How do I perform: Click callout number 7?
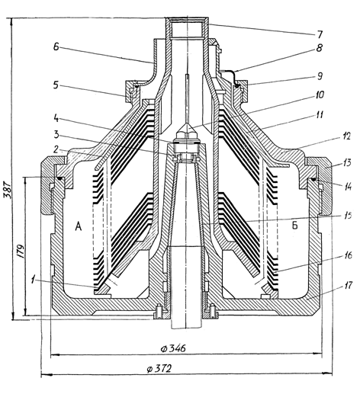coord(320,34)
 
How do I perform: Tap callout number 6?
coord(56,46)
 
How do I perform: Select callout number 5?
coord(56,85)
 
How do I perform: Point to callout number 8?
coord(319,47)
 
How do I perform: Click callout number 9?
coord(320,75)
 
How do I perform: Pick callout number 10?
coord(320,95)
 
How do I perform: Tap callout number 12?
coord(346,136)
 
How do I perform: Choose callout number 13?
coord(346,162)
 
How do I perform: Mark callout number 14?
coord(347,187)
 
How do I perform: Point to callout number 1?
coord(33,280)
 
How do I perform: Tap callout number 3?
coord(56,134)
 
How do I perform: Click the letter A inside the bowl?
coord(79,226)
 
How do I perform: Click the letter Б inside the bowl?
coord(294,225)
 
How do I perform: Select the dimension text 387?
coord(8,190)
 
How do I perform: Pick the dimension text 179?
coord(21,251)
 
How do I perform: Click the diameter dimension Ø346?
coord(173,348)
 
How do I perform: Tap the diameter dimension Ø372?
coord(159,369)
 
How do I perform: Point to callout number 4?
coord(56,117)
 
